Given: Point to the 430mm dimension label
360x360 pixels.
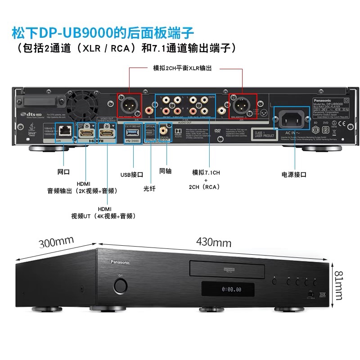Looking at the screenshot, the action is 213,243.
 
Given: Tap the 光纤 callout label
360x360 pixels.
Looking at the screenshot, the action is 149,189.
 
